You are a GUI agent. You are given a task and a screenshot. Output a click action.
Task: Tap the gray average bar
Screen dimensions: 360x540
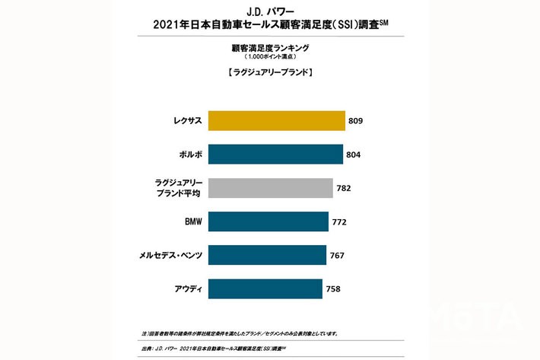pos(269,188)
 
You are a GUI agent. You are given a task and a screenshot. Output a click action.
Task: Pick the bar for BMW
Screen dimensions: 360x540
pos(267,221)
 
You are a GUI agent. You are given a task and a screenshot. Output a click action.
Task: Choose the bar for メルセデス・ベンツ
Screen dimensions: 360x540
pos(266,255)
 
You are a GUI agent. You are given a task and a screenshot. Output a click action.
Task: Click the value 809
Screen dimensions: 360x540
pos(355,121)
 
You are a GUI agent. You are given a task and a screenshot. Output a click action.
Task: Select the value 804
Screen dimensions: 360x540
pos(352,155)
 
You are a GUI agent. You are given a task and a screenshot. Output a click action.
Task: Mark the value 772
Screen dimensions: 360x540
pos(339,221)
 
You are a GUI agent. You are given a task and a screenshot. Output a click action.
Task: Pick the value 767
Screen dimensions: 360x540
pos(337,255)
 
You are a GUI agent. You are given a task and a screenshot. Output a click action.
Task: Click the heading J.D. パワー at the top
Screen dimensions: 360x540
pos(270,11)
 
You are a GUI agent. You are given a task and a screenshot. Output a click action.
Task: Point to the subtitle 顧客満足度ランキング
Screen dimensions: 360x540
pos(270,47)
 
